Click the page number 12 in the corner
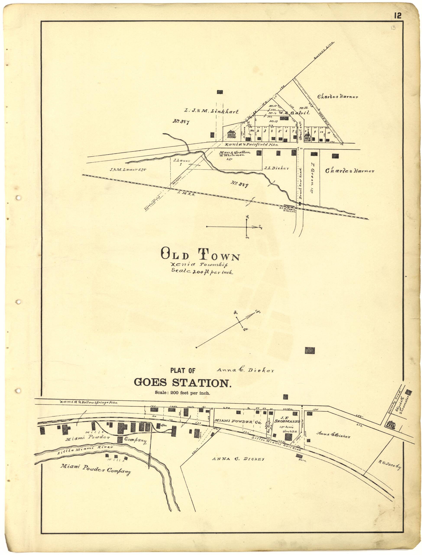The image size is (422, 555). (398, 16)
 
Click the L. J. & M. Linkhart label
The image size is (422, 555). (211, 112)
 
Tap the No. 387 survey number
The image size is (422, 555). (181, 122)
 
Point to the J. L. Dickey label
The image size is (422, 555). (276, 168)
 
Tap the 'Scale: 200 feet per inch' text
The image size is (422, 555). (182, 393)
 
